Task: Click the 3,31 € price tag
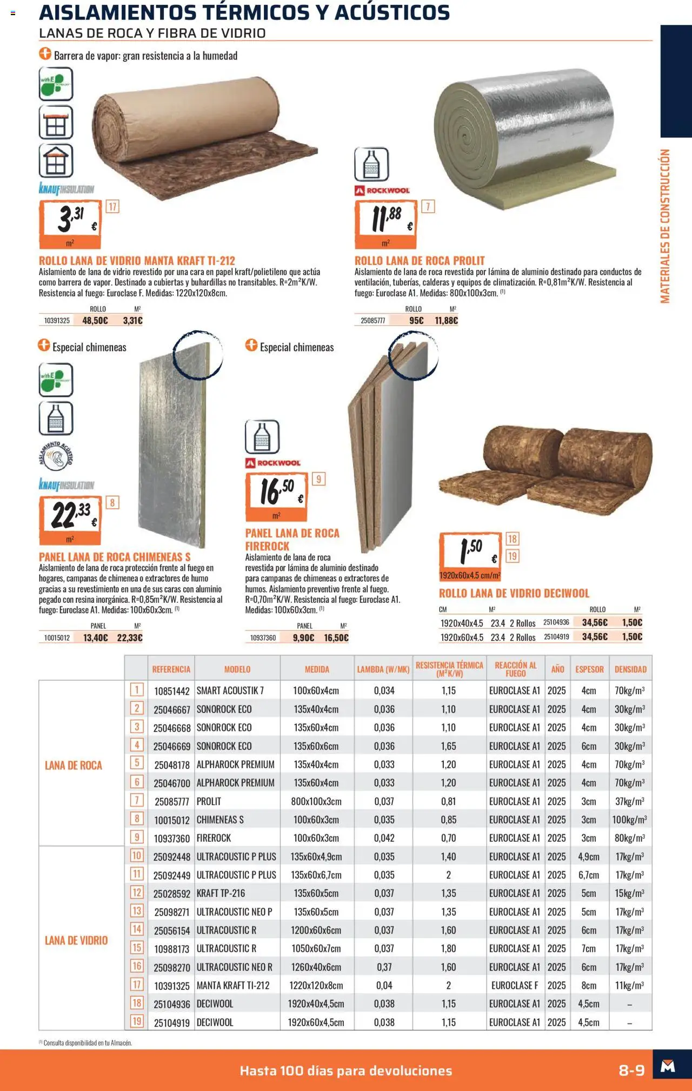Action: tap(70, 223)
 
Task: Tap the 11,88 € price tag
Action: tap(386, 223)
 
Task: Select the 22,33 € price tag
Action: tap(70, 520)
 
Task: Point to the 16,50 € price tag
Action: tap(277, 496)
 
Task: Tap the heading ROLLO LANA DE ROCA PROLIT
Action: tap(420, 261)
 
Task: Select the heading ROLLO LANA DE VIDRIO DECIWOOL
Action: tap(514, 593)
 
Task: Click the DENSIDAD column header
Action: tap(630, 669)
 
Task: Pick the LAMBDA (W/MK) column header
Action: tap(383, 669)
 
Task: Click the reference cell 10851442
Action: tap(171, 691)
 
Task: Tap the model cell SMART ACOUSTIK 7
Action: tap(230, 690)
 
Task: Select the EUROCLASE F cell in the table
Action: tap(514, 986)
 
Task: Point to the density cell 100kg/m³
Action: tap(629, 820)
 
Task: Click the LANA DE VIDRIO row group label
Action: tap(76, 941)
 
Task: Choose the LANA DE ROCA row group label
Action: tap(74, 766)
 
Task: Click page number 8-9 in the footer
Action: tap(631, 1070)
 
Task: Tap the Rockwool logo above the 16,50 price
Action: tap(273, 463)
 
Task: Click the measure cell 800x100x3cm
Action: tap(316, 801)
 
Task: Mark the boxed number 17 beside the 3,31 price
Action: tap(112, 207)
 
